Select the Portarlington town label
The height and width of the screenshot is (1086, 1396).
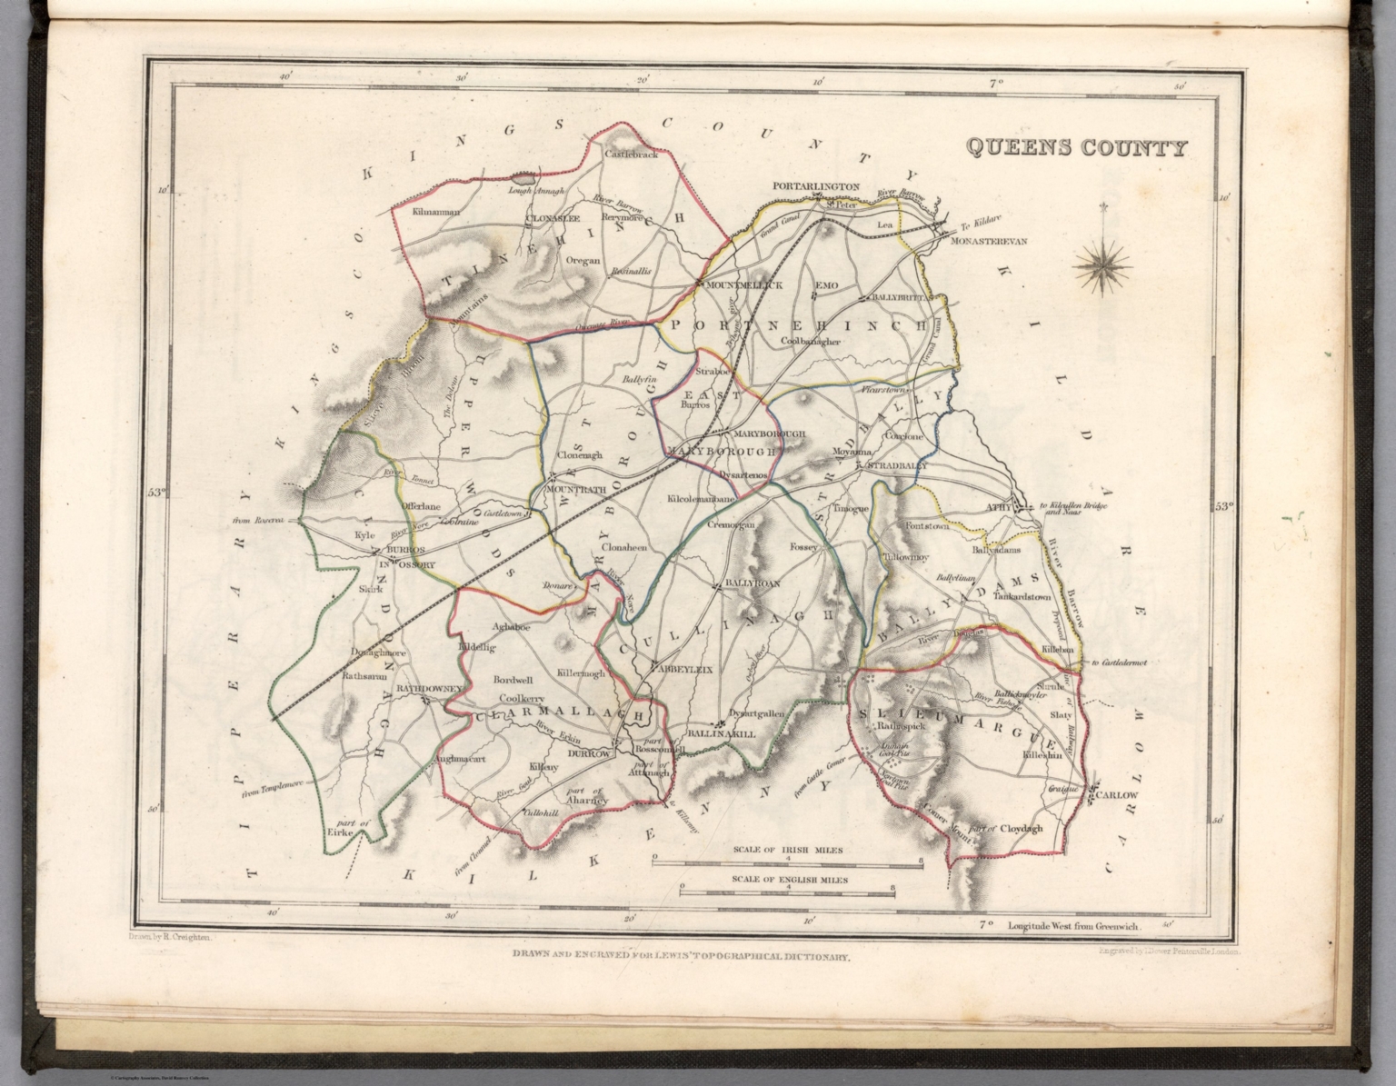815,187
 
